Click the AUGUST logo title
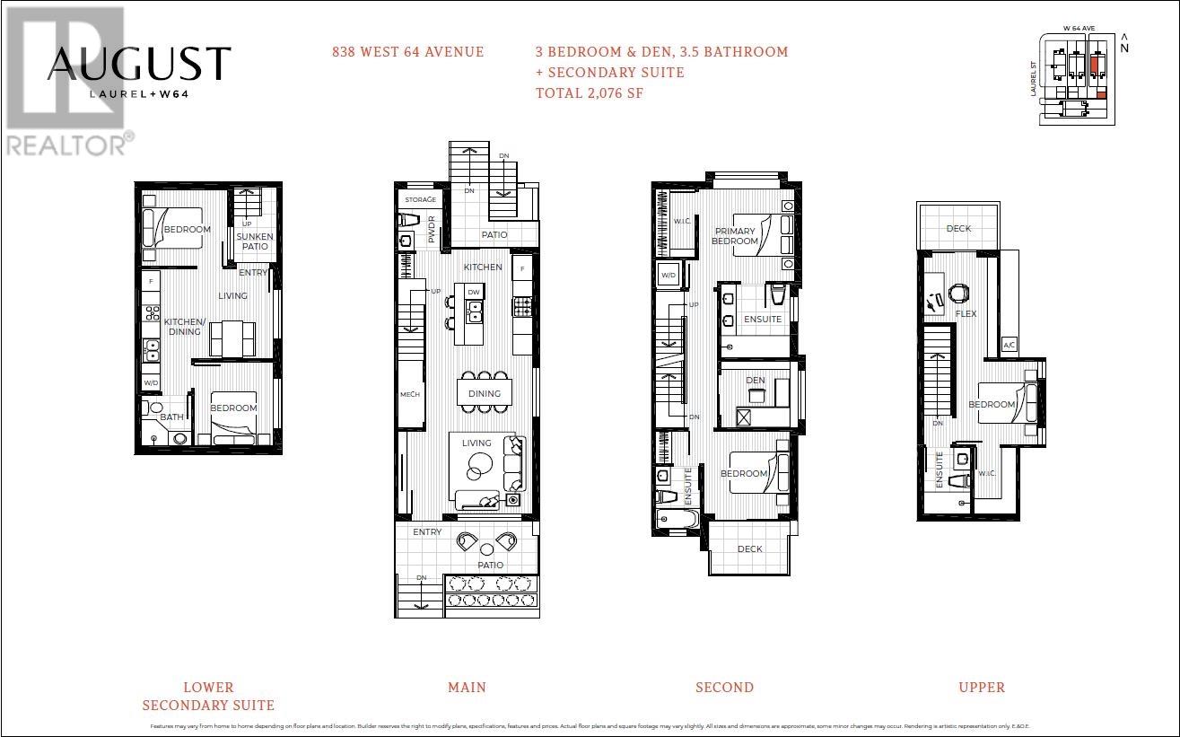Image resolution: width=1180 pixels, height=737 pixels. pos(139,64)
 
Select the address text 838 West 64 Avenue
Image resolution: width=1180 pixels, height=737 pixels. pos(407,52)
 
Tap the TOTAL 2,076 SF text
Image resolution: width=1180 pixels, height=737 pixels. pos(589,92)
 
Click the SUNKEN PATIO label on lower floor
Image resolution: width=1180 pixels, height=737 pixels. pos(255,241)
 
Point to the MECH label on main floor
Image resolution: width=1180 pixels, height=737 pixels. pos(409,395)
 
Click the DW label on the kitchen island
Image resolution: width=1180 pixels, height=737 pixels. pos(473,292)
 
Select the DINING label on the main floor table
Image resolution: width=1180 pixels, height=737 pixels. pos(485,393)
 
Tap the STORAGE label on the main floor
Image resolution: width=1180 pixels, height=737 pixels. pos(420,199)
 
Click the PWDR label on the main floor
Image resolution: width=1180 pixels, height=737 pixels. pos(432,230)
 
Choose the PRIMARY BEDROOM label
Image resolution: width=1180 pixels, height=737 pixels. pos(735,236)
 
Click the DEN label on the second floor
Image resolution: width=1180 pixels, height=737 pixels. pos(755,381)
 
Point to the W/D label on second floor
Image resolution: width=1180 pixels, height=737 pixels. pos(669,276)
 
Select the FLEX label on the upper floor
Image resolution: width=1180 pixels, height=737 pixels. pos(966,314)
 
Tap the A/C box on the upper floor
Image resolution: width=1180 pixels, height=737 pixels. pos(1009,346)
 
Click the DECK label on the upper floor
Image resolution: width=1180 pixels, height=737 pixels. pos(958,229)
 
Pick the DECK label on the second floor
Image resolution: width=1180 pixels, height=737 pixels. pos(749,549)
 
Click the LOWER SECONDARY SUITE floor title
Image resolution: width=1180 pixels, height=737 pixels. pos(208,697)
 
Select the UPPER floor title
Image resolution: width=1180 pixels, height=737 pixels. pos(982,688)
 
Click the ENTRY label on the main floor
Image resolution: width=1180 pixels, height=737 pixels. pos(427,532)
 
